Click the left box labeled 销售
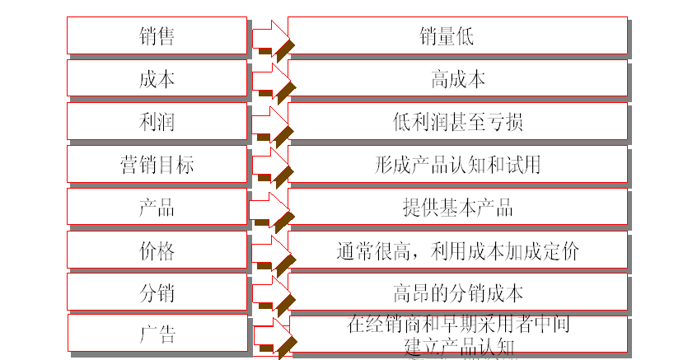click(157, 36)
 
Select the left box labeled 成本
click(157, 79)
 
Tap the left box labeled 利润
click(157, 122)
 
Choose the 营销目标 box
click(157, 165)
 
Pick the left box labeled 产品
click(157, 207)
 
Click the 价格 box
click(157, 250)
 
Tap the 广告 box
click(157, 334)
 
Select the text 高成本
click(458, 79)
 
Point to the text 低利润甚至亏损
click(458, 122)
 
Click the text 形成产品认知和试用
click(458, 165)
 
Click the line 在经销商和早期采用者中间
click(458, 325)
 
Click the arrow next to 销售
click(269, 37)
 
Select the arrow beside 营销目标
click(269, 165)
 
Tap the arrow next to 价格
click(269, 250)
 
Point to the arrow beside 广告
click(269, 335)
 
